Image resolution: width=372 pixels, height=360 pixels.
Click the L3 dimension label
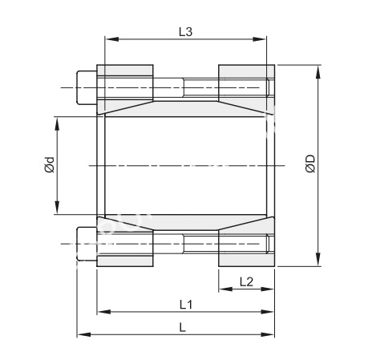tap(185, 32)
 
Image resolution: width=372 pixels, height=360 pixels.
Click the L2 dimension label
tap(246, 282)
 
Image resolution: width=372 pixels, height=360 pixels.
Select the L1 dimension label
tap(186, 305)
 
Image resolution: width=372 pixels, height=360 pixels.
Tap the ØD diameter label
tap(310, 164)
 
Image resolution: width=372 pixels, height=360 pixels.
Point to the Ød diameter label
tap(50, 164)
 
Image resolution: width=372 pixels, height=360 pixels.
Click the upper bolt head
tap(87, 87)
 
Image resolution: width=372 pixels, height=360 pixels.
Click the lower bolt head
tap(87, 244)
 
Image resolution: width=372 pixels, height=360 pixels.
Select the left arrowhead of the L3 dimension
tap(111, 39)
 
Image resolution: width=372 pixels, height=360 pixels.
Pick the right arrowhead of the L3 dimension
tap(260, 39)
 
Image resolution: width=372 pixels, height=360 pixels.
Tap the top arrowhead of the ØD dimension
tap(317, 71)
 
